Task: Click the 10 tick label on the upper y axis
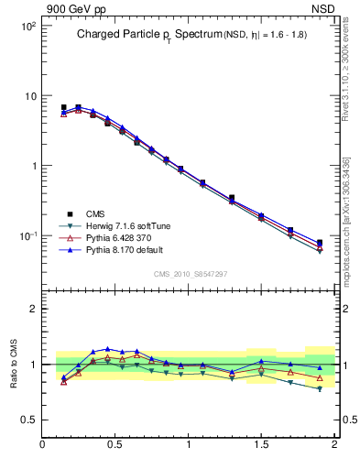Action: pyautogui.click(x=29, y=96)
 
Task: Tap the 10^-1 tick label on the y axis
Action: pyautogui.click(x=27, y=235)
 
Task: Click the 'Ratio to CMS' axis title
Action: pyautogui.click(x=14, y=364)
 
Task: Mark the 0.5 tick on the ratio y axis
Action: pyautogui.click(x=30, y=420)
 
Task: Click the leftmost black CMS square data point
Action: pyautogui.click(x=63, y=107)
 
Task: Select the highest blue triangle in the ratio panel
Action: pyautogui.click(x=108, y=349)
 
